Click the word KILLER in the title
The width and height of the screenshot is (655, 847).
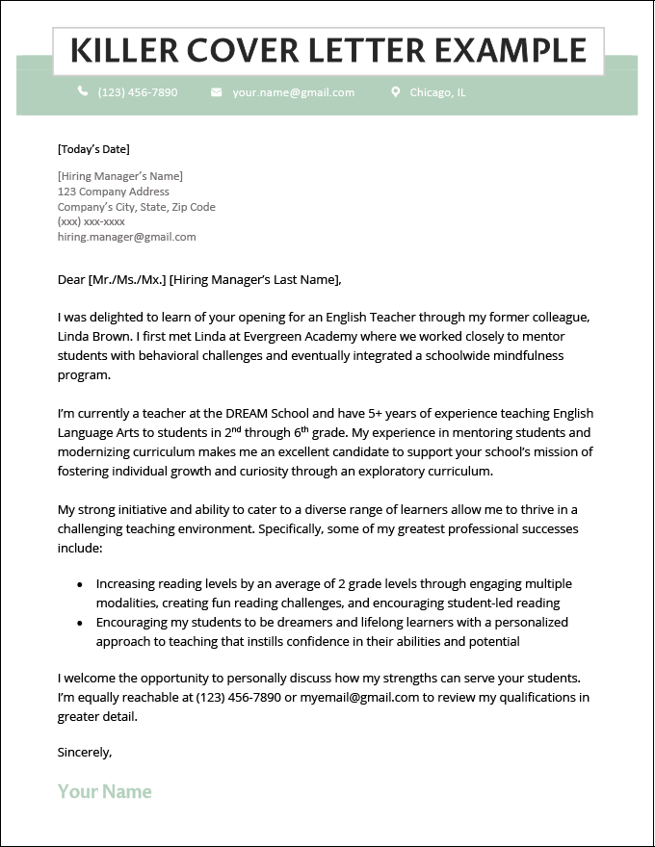click(x=122, y=50)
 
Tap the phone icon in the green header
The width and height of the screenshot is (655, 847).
click(x=83, y=92)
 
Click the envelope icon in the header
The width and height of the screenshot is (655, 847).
click(x=216, y=92)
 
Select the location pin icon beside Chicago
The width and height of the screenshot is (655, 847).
click(x=395, y=92)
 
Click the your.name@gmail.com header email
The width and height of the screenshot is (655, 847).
click(x=293, y=92)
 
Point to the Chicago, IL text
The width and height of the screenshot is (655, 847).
click(x=437, y=92)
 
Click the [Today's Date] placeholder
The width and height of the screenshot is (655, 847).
click(x=93, y=149)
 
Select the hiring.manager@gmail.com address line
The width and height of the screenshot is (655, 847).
click(x=126, y=237)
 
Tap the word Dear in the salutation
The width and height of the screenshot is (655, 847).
click(x=71, y=280)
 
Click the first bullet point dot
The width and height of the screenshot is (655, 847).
click(x=79, y=584)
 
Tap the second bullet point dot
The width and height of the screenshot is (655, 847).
click(x=79, y=623)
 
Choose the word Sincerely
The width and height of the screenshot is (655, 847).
click(x=85, y=752)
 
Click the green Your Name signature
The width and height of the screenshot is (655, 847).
click(x=104, y=791)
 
